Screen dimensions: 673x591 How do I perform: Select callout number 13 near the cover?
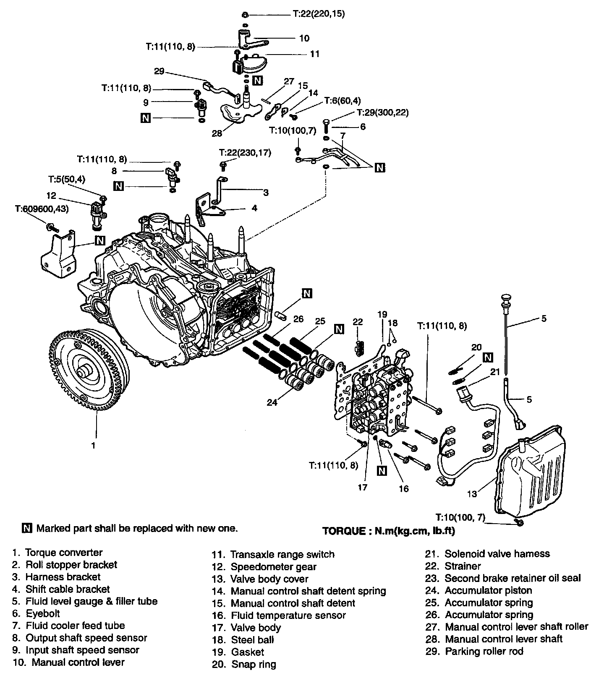[x=472, y=494]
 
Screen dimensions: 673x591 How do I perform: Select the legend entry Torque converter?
[x=63, y=553]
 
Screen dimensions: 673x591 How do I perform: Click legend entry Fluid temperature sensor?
[x=288, y=616]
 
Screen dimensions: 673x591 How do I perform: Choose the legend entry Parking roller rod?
[x=484, y=652]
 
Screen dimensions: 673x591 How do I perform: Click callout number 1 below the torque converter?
[x=93, y=445]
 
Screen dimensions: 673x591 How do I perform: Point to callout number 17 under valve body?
[x=363, y=487]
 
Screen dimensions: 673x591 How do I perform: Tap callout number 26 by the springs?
[x=298, y=319]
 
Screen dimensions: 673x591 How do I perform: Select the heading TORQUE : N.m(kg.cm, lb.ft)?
[x=388, y=531]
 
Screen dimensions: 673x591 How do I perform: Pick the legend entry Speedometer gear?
[x=273, y=567]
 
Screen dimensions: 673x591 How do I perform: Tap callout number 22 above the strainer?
[x=358, y=322]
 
